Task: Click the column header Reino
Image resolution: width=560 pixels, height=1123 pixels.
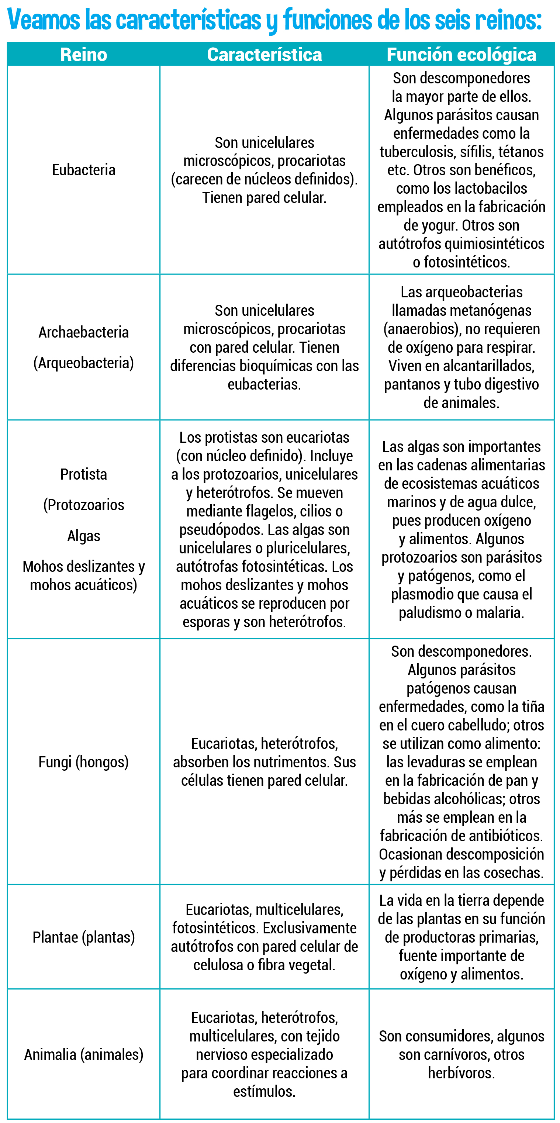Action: [x=84, y=55]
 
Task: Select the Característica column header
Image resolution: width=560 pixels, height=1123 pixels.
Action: [x=264, y=55]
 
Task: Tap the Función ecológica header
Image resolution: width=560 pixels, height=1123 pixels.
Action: [x=461, y=55]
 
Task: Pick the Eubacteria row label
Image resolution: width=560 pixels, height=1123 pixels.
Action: [x=84, y=170]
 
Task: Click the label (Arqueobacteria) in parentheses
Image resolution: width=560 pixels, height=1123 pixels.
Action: [x=84, y=363]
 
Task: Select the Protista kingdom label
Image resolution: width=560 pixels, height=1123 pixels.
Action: [x=84, y=474]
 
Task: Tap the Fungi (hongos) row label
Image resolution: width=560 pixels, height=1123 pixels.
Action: [x=84, y=762]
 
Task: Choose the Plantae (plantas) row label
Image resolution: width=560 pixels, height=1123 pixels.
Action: [x=84, y=937]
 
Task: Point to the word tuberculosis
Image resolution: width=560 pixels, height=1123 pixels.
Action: [x=418, y=152]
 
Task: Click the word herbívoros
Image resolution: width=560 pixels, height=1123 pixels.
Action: [x=461, y=1073]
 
